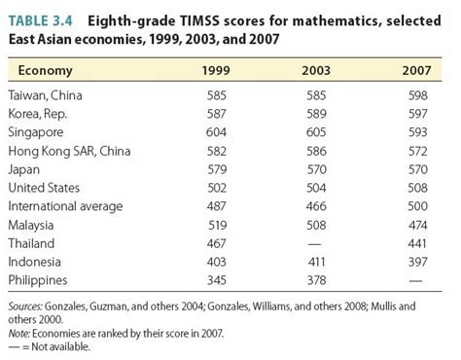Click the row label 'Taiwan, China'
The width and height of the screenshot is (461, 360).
(x=46, y=95)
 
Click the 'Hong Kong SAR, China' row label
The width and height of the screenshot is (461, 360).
(x=69, y=151)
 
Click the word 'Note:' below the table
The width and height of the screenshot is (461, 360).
(x=20, y=332)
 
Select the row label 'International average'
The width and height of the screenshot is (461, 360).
(x=64, y=206)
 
